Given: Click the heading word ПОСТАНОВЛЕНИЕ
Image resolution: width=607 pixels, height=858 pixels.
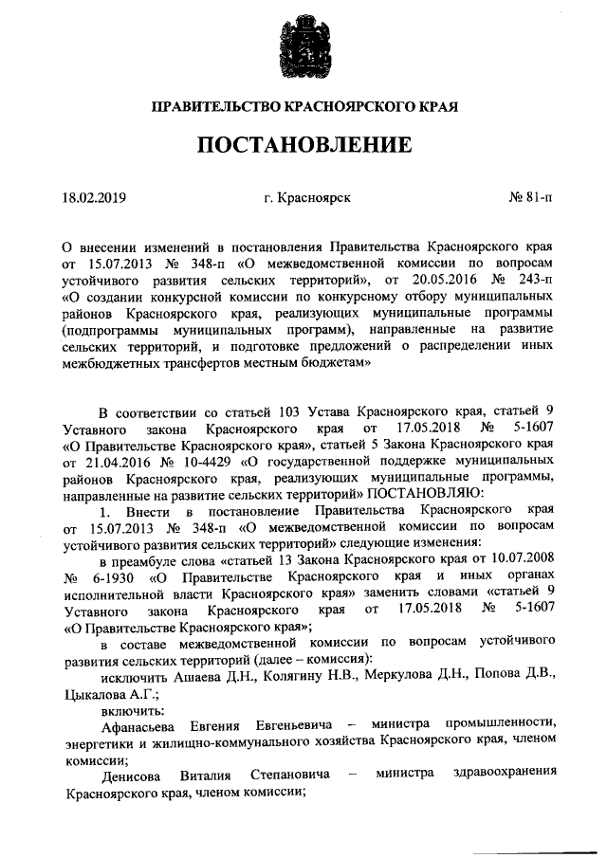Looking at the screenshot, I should coord(304,145).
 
